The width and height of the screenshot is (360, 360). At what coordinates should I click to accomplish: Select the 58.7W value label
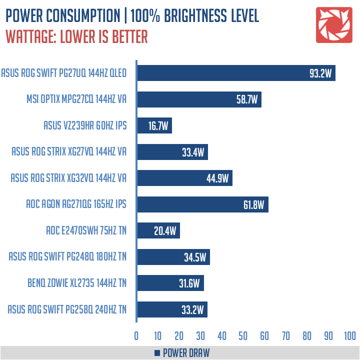coord(247,100)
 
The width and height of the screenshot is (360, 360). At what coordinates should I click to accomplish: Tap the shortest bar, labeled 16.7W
coord(154,126)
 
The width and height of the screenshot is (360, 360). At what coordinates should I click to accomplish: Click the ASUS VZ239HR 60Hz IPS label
coord(84,126)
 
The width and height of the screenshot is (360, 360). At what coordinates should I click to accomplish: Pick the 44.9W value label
coord(218,178)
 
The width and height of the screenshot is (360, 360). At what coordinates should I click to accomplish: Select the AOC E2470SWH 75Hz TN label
coord(85,231)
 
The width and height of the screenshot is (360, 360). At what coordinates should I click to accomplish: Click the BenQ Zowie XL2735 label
coord(77,283)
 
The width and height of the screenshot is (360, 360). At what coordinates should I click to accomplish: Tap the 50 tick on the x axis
coord(243,335)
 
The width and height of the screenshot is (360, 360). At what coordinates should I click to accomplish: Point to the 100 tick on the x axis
coord(349,335)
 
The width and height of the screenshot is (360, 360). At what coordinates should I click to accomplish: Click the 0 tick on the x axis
coord(136,335)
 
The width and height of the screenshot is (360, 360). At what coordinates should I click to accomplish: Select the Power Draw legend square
coord(157,353)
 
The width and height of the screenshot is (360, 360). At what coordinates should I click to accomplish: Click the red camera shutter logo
coord(333,24)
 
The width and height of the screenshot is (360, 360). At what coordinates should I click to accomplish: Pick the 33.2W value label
coord(193,309)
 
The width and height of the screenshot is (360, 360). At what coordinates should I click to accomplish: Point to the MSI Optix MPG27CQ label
coord(76,100)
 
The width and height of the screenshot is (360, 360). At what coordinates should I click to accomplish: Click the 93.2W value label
coord(320,74)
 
